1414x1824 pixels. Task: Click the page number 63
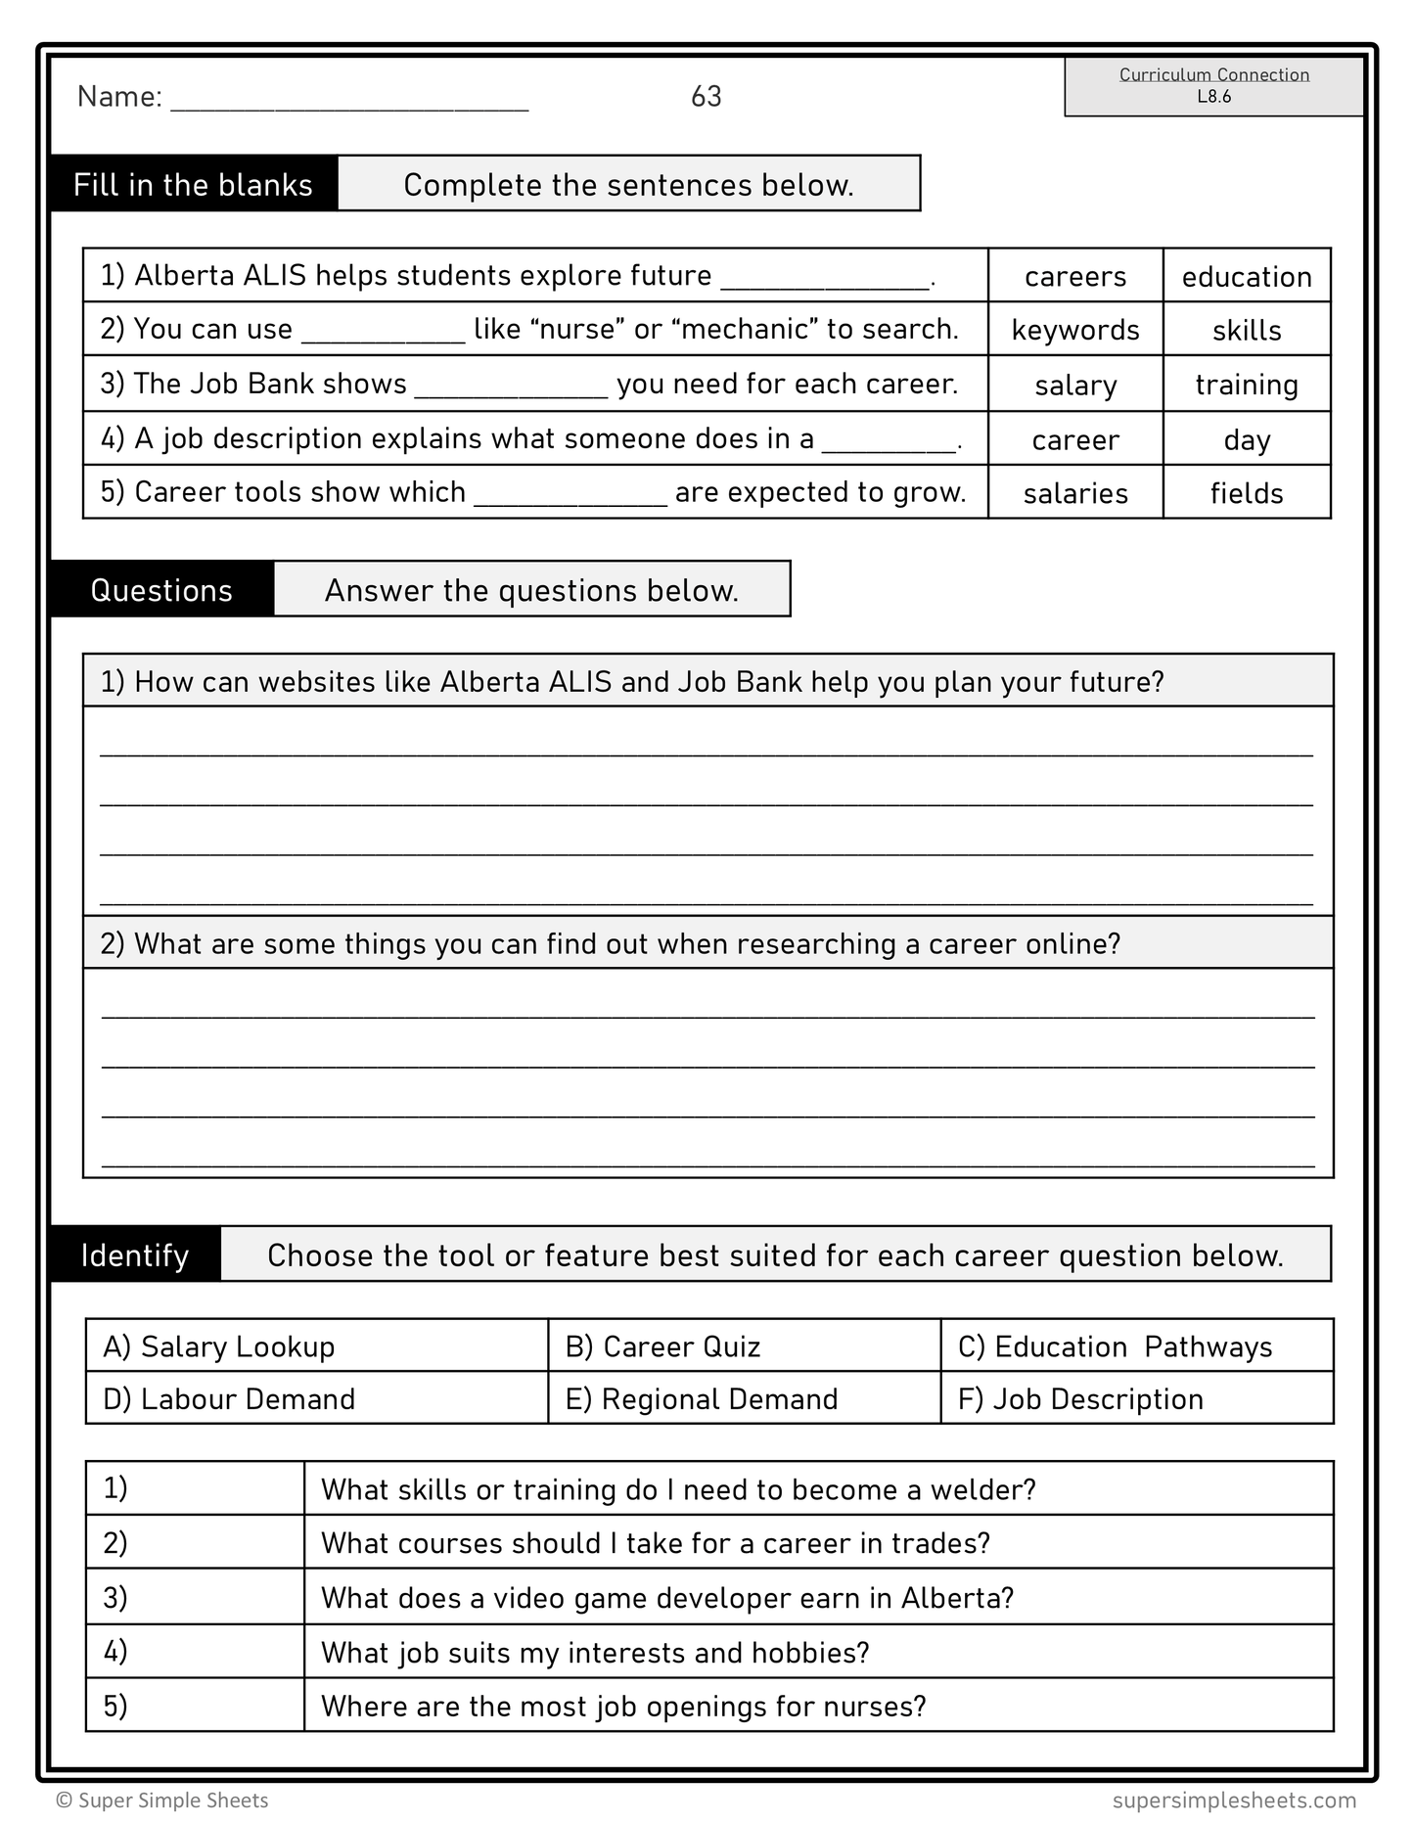tap(706, 96)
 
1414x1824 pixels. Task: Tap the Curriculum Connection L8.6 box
tap(1213, 86)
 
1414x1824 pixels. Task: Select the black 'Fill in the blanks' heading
tap(193, 184)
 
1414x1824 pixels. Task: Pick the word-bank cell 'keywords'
tap(1074, 330)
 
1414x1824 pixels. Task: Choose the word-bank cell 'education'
tap(1246, 277)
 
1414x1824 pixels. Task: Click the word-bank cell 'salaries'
tap(1074, 493)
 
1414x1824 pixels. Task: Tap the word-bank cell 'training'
tap(1246, 385)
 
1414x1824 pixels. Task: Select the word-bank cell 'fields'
tap(1246, 493)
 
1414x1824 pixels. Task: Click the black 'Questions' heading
tap(161, 590)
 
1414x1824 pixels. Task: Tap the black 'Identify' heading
tap(135, 1254)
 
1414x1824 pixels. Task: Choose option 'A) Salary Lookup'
tap(219, 1346)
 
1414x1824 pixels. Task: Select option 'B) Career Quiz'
tap(662, 1346)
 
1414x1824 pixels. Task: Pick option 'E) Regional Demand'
tap(701, 1398)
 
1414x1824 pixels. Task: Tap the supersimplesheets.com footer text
tap(1234, 1800)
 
